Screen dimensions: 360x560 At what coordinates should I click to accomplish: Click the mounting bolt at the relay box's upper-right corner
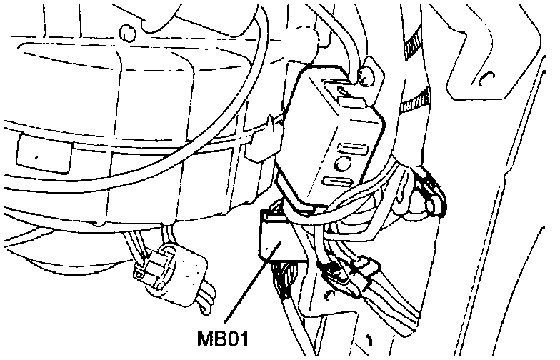pos(368,74)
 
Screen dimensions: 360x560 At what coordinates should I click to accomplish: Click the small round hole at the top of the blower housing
pos(126,31)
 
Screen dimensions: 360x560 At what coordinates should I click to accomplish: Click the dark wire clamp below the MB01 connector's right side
pos(331,271)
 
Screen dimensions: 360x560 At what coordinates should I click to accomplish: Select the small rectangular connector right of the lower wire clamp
pos(369,269)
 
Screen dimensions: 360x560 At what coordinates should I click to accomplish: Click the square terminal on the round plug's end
pos(144,272)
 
